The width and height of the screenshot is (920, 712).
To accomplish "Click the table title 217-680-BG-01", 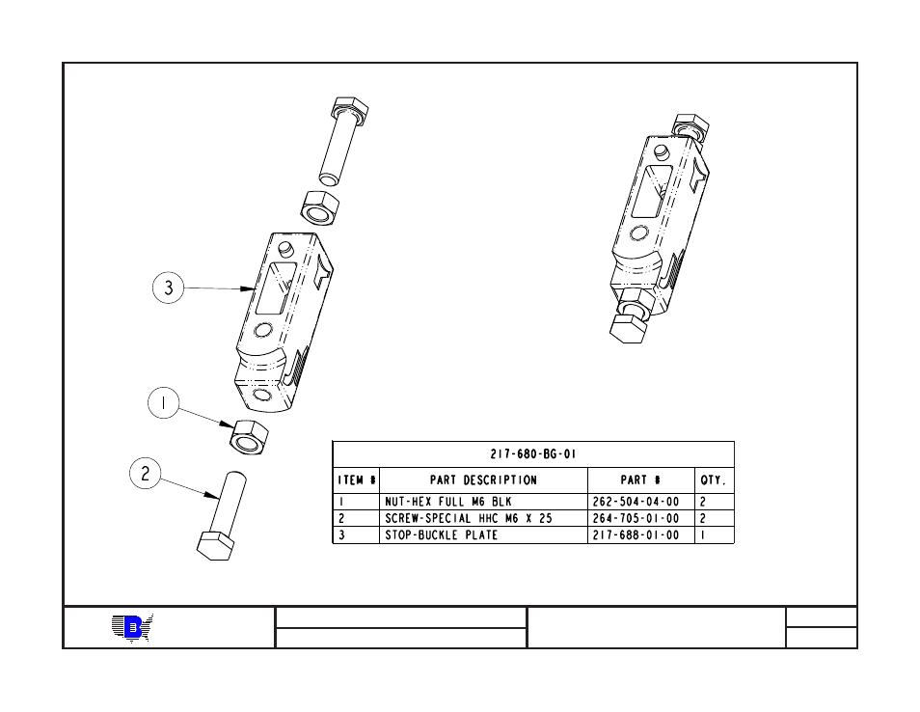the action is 532,453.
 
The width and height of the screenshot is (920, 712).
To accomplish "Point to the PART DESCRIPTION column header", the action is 483,480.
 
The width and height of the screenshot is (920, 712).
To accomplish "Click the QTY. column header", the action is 714,480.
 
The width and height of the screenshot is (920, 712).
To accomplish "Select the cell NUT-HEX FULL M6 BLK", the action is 448,502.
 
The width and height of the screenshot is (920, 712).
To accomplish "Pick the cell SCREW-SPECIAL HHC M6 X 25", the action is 469,518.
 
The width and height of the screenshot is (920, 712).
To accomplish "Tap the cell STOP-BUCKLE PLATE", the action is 442,535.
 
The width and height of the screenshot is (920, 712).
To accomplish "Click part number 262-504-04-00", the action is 636,502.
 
